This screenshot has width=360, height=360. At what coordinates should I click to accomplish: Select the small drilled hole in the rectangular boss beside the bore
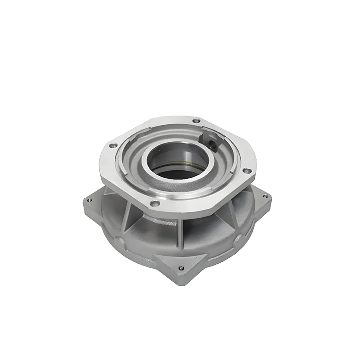212,144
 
